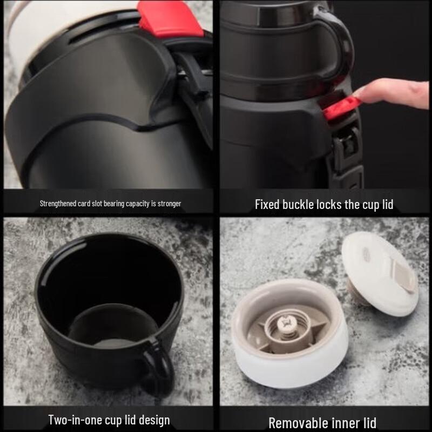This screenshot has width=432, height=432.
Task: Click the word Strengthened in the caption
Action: pyautogui.click(x=58, y=204)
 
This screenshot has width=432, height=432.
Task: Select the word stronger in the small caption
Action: pyautogui.click(x=168, y=204)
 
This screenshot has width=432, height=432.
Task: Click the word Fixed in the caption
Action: pyautogui.click(x=268, y=205)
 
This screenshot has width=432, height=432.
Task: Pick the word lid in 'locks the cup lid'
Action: pyautogui.click(x=386, y=205)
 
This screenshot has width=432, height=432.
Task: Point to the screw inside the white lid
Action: pyautogui.click(x=287, y=323)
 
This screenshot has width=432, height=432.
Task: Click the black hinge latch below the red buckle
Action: pyautogui.click(x=346, y=146)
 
